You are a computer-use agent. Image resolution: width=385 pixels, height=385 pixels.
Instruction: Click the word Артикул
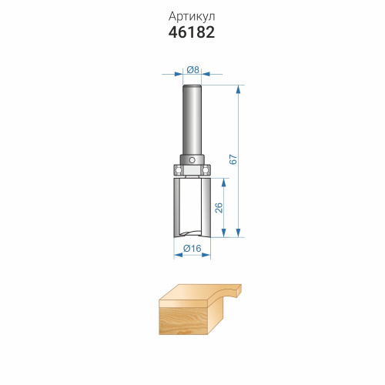tap(192, 17)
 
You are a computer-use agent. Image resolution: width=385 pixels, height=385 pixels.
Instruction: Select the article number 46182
tap(192, 32)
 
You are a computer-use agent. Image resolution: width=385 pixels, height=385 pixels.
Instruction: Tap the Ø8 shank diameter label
tap(192, 69)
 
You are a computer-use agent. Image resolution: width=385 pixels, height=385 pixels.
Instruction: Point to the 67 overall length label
tap(233, 159)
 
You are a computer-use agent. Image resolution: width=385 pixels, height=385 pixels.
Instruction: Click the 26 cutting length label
tap(219, 208)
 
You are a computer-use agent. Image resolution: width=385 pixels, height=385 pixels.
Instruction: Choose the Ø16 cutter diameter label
tap(192, 249)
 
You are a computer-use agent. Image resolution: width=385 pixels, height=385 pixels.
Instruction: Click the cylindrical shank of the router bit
tap(192, 120)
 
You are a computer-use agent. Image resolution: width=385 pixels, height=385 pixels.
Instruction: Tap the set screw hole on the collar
tap(192, 160)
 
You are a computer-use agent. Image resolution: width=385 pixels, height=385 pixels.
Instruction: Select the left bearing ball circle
tap(179, 169)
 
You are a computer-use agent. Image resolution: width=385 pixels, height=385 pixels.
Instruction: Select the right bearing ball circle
tap(206, 169)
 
